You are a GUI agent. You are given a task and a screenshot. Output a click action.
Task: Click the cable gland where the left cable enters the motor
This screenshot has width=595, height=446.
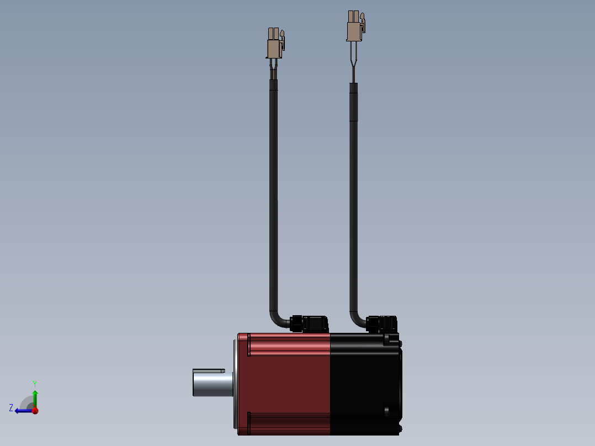pos(297,323)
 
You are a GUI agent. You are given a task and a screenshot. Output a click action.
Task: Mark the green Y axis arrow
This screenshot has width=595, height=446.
pos(35,397)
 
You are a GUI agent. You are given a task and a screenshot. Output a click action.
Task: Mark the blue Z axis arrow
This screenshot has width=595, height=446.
pos(22,411)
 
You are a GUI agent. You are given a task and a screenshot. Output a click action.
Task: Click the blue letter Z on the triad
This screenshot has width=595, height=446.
pos(11,408)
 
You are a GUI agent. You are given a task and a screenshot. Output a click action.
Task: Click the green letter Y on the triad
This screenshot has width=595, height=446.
pos(35,383)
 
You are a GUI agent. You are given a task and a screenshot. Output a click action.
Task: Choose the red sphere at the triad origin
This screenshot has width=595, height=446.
pos(35,411)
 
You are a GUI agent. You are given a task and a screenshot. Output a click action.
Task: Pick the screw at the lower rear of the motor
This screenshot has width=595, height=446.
pos(387,411)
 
